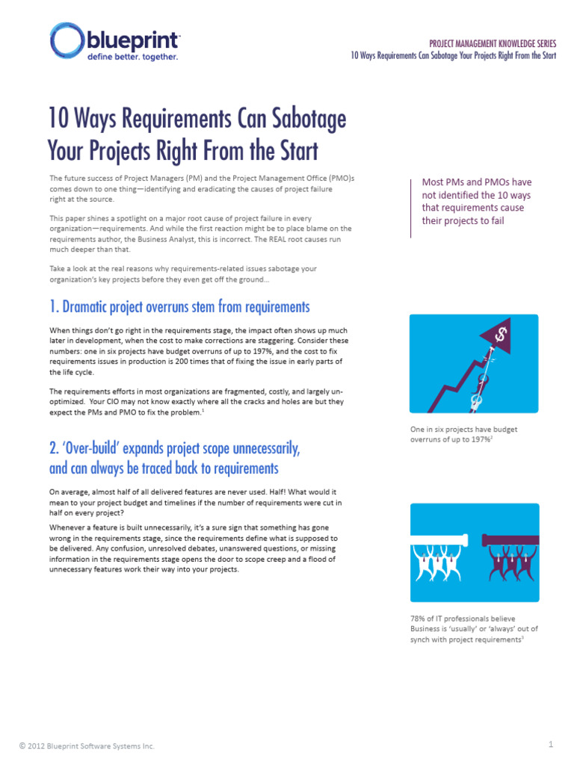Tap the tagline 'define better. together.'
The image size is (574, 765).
[x=133, y=57]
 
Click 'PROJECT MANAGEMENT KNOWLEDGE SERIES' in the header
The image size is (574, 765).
[x=493, y=44]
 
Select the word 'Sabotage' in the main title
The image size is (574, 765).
[x=309, y=119]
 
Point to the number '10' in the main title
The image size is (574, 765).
[x=58, y=118]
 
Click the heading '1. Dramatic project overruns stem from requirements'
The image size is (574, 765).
[x=179, y=306]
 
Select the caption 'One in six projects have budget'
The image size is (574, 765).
[x=463, y=430]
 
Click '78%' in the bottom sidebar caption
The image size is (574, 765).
[x=418, y=619]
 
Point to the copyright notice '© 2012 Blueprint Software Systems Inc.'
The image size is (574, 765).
[x=87, y=746]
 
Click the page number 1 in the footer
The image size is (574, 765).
[x=551, y=744]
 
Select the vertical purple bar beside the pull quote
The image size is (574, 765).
[x=411, y=208]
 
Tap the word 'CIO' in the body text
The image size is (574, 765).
[x=114, y=401]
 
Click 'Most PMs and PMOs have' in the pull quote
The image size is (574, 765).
[x=477, y=182]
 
